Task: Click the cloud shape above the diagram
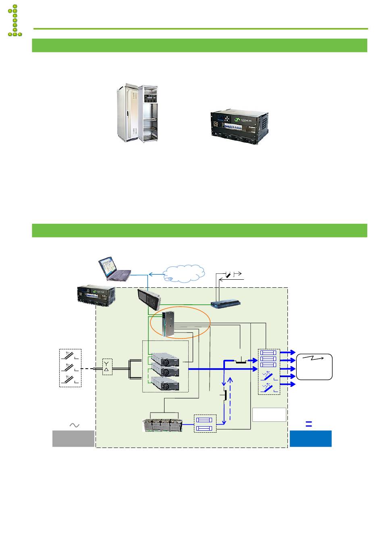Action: tap(183, 273)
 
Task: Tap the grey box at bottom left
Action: tap(73, 438)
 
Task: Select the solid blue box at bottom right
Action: tap(310, 438)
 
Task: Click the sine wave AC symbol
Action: tap(75, 425)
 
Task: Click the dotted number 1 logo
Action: tap(15, 21)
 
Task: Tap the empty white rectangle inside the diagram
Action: tap(269, 415)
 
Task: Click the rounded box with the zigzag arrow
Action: tap(314, 367)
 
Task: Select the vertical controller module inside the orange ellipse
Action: tap(167, 324)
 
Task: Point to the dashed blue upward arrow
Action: tap(230, 398)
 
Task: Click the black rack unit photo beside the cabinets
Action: tap(240, 125)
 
